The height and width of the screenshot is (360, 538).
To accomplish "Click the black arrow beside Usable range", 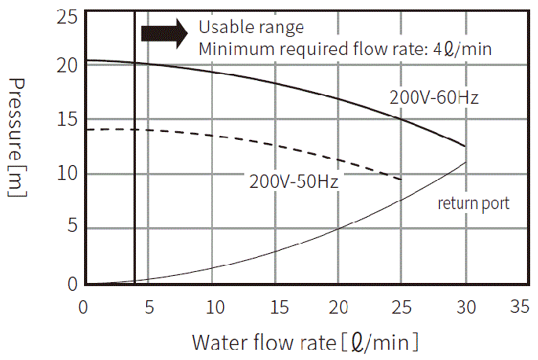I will [x=163, y=32].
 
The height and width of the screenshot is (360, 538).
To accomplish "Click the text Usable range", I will [x=251, y=28].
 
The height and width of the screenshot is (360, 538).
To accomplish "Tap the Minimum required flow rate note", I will [x=345, y=49].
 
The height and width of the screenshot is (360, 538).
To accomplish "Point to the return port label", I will [x=474, y=204].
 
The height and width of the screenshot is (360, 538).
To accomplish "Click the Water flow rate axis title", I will [x=305, y=342].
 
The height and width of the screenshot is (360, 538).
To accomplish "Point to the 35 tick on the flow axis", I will [x=518, y=305].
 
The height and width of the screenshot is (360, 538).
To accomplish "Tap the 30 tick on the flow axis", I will [x=466, y=305].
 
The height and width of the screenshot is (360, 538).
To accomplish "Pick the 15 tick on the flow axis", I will [x=275, y=305].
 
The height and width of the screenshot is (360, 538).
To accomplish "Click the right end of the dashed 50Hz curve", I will [x=401, y=180].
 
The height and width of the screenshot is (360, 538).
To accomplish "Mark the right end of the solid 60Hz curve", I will [x=466, y=146].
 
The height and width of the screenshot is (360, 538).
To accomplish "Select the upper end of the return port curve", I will [x=467, y=163].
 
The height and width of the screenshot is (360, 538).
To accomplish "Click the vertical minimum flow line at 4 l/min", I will [x=134, y=157].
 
